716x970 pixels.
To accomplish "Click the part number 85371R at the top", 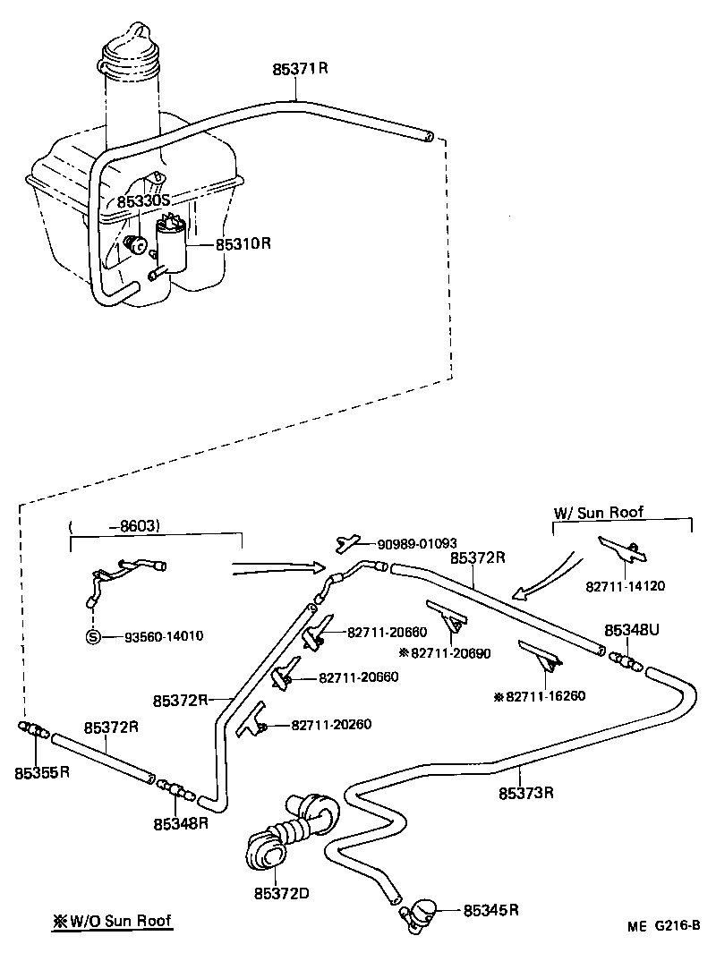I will (300, 68).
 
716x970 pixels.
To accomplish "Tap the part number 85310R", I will (243, 243).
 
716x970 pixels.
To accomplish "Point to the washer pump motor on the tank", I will (172, 245).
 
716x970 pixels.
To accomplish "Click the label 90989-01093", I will (417, 543).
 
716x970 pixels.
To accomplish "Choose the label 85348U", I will (632, 631).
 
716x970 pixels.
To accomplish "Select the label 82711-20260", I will (331, 724).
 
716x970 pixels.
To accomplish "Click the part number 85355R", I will (41, 770).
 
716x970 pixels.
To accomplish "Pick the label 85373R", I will (527, 793).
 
